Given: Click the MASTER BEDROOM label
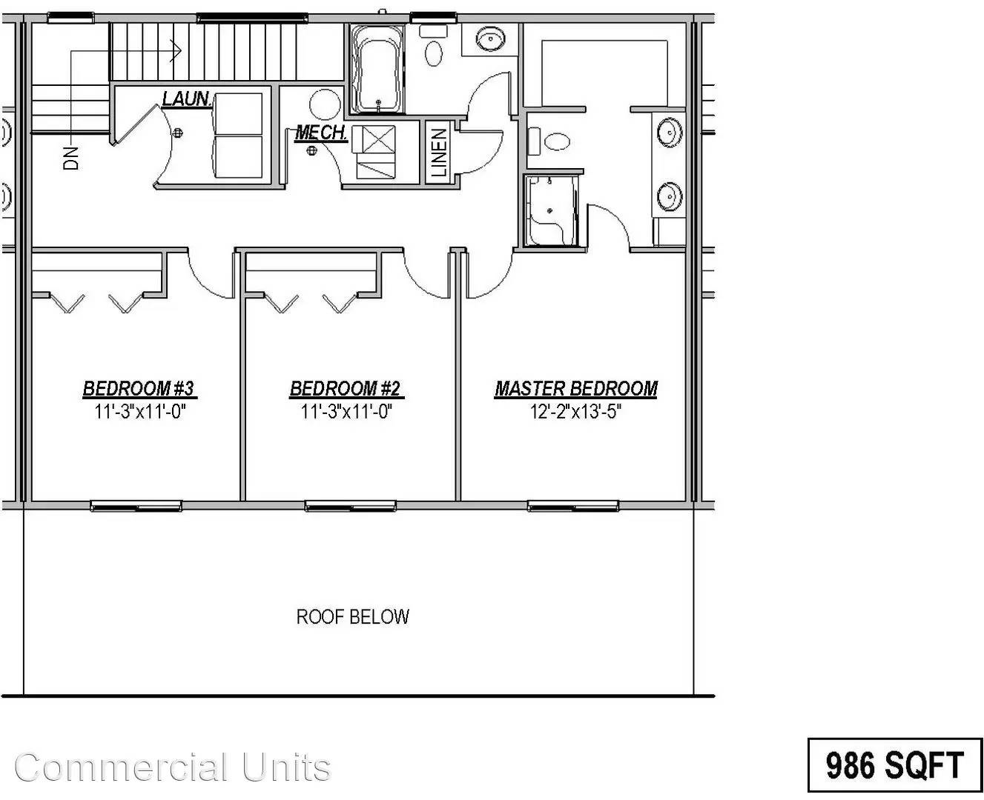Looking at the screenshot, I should click(575, 389).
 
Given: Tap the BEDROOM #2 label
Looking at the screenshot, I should click(346, 389).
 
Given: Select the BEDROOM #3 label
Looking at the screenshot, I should click(139, 389).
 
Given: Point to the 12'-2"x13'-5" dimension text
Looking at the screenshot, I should click(575, 412).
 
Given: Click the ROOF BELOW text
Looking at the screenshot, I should click(352, 616).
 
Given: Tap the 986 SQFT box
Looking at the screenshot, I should click(894, 764).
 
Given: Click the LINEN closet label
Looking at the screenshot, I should click(439, 153).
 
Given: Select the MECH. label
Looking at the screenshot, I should click(321, 133).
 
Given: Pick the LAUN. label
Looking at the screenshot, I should click(186, 99).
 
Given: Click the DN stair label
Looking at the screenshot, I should click(71, 158).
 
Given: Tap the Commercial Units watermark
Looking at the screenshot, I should click(172, 767).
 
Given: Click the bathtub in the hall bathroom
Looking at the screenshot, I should click(377, 69).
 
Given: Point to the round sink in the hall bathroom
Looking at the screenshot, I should click(489, 38).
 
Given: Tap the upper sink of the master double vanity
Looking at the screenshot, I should click(670, 133).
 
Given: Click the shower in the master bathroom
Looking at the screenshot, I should click(551, 211).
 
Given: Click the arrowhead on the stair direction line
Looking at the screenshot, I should click(176, 51).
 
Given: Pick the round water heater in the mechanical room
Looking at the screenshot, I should click(325, 104).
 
